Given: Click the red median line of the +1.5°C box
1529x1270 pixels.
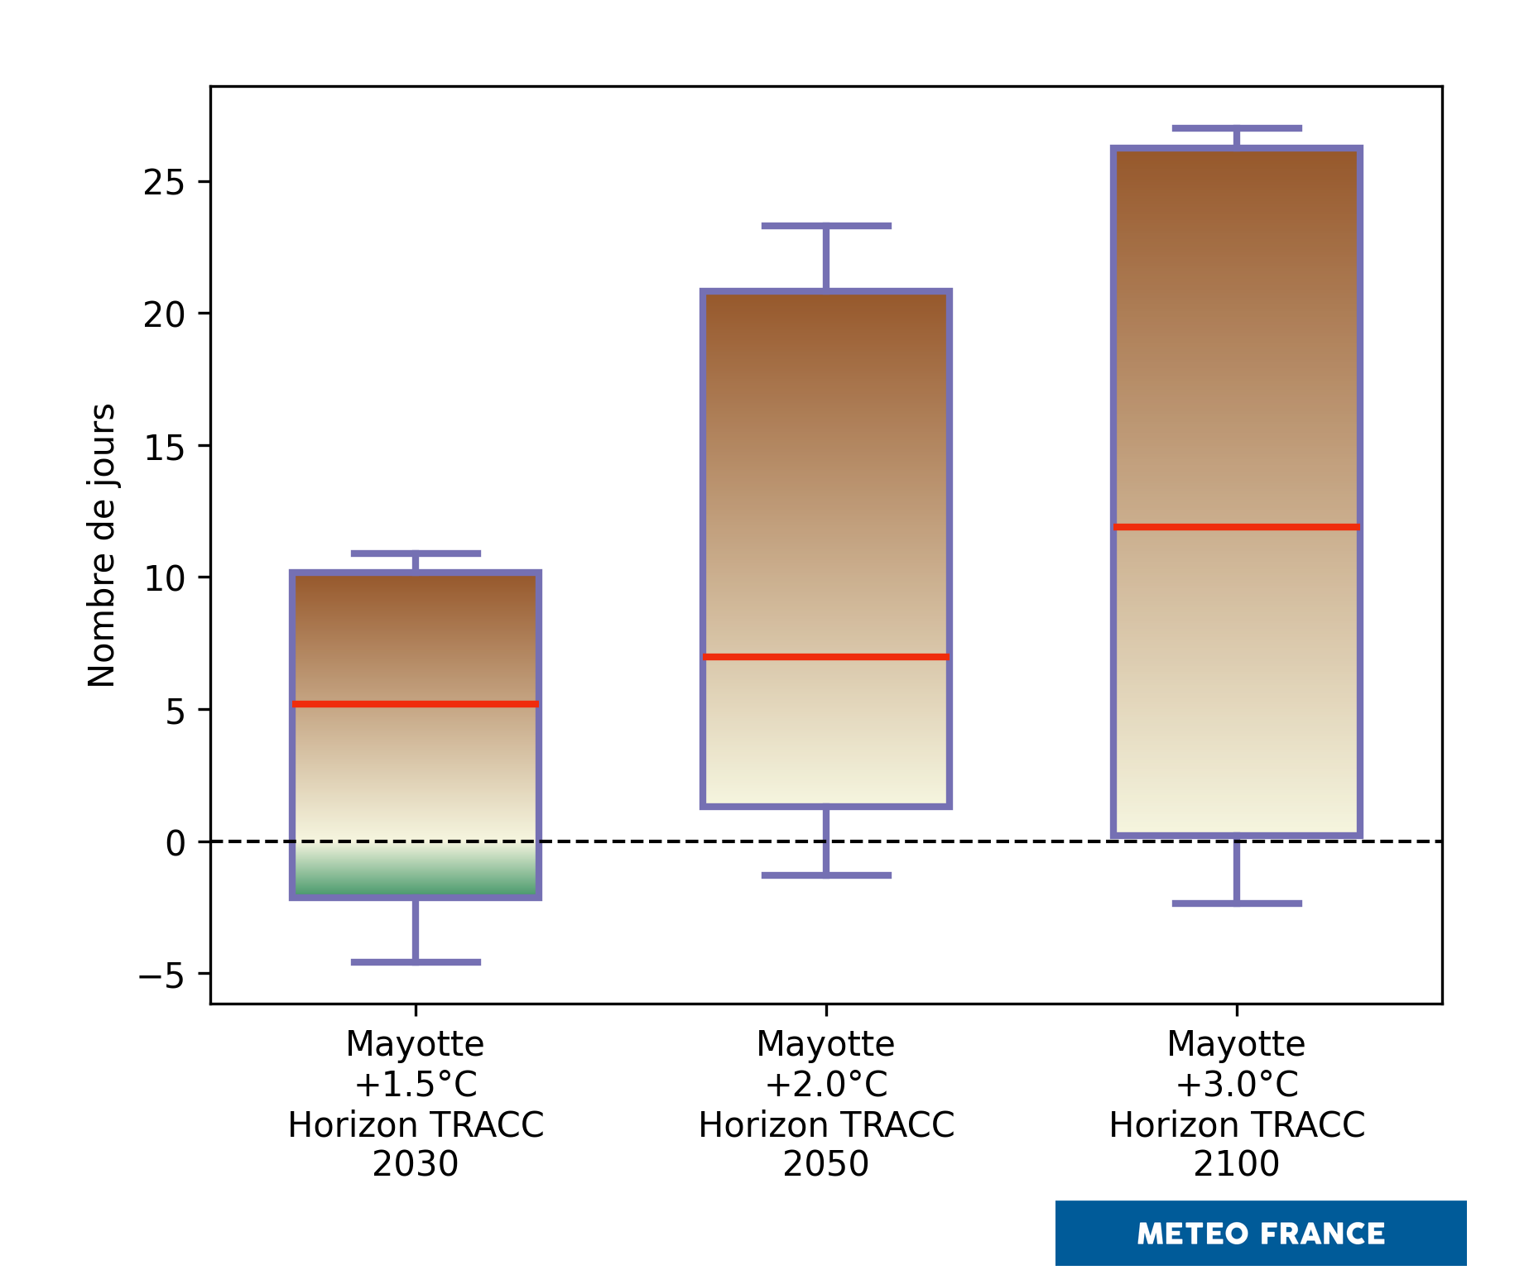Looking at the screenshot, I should pyautogui.click(x=416, y=704).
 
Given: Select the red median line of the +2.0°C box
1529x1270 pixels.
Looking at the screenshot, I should pyautogui.click(x=826, y=657).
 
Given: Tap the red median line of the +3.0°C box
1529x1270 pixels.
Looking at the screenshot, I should pyautogui.click(x=1237, y=527).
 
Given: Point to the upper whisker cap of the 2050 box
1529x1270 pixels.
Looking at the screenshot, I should pyautogui.click(x=826, y=226).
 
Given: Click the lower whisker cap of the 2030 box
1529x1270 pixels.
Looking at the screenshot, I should pyautogui.click(x=416, y=962).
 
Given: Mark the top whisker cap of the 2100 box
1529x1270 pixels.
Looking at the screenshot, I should pyautogui.click(x=1237, y=128).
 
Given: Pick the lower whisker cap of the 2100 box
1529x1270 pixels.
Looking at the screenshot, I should pyautogui.click(x=1237, y=903).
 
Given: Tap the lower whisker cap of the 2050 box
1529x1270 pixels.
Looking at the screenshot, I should pyautogui.click(x=826, y=875).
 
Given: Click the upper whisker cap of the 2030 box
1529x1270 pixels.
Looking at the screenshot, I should pyautogui.click(x=416, y=554).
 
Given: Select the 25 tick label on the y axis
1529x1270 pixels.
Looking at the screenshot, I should pyautogui.click(x=164, y=183).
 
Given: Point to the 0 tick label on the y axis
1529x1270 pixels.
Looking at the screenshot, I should pyautogui.click(x=175, y=843).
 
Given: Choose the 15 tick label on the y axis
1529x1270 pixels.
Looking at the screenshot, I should pyautogui.click(x=164, y=447).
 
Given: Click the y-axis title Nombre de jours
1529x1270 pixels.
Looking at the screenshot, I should pyautogui.click(x=102, y=545).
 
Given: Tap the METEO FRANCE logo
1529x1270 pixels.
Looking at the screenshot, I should pyautogui.click(x=1260, y=1234).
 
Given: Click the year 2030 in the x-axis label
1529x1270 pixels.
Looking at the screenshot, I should pyautogui.click(x=416, y=1165).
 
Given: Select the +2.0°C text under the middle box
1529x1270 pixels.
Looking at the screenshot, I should pyautogui.click(x=826, y=1085).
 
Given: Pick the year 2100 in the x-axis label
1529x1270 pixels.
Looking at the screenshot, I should pyautogui.click(x=1237, y=1165).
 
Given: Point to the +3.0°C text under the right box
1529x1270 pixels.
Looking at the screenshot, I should pyautogui.click(x=1237, y=1085).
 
